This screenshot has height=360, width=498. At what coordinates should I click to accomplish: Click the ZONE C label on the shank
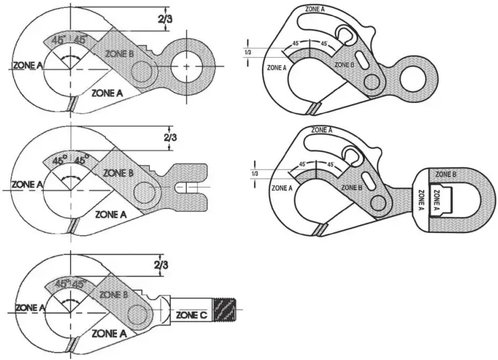[191, 314]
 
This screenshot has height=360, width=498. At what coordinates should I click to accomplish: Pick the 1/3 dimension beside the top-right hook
[249, 52]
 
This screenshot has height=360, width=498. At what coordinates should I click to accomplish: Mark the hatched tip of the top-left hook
[71, 104]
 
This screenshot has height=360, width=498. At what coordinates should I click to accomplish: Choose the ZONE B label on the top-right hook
[343, 64]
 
